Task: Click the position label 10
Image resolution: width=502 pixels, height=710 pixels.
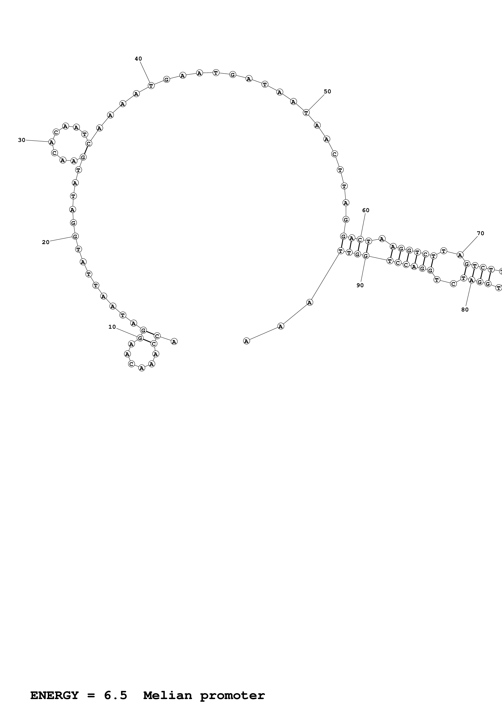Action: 112,327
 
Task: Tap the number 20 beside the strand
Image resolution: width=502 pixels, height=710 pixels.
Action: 46,242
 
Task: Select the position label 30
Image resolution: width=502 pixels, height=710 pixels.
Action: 22,140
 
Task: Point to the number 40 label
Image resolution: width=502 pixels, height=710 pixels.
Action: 138,59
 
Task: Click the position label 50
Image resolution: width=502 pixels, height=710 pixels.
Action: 327,91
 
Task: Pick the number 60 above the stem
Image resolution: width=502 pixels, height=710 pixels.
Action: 366,210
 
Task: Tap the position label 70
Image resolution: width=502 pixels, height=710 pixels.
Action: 480,234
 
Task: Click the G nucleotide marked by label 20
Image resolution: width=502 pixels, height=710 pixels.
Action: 75,236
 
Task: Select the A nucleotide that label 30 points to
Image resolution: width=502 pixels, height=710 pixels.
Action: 52,142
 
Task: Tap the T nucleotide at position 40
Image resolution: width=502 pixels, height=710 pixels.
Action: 151,85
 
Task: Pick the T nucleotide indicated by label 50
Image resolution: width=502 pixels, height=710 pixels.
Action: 306,113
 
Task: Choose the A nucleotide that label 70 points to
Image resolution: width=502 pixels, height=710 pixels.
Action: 460,255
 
